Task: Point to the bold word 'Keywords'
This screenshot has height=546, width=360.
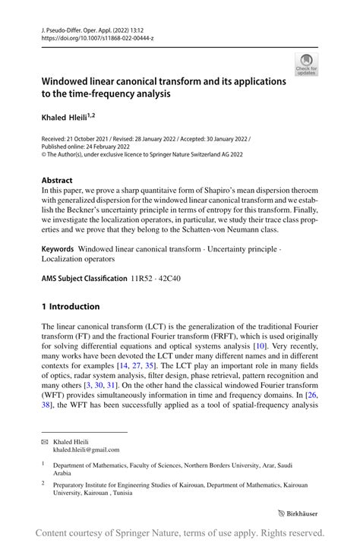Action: (57, 248)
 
